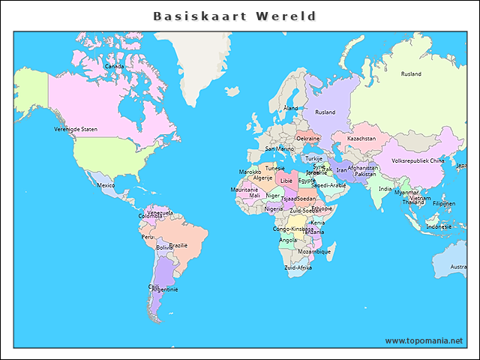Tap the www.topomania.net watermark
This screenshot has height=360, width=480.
point(424,340)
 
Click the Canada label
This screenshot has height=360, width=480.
point(114,66)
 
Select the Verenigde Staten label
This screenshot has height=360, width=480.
point(76,129)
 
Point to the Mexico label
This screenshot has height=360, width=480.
point(106,185)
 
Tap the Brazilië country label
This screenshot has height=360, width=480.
point(178,245)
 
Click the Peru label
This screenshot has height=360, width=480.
point(148,236)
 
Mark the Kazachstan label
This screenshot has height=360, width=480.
point(361,139)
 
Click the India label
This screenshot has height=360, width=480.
point(385,189)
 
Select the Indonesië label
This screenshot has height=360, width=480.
point(439,226)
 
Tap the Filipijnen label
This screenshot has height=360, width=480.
point(444,203)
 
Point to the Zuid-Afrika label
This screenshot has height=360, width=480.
point(298,267)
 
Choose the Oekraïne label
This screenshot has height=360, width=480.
point(308,139)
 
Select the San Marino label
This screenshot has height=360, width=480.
point(280,148)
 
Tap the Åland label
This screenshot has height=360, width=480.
point(290,108)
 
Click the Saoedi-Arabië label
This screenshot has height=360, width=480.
point(328,184)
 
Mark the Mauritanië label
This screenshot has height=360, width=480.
point(244,190)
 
